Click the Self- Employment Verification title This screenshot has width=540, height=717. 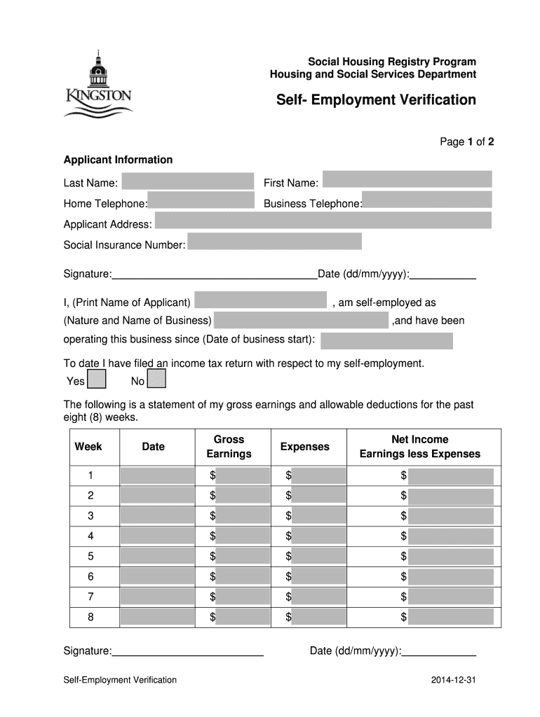coord(375,100)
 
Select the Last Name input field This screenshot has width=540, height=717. coord(187,181)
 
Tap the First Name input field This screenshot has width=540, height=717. coord(407,179)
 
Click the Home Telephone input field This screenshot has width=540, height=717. coord(201,201)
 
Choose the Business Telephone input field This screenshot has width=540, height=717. coord(426,200)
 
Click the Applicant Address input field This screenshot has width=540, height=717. coord(323,221)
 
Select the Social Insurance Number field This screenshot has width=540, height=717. coord(274,242)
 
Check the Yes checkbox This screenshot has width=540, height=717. coord(97,380)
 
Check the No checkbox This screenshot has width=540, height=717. coord(158,380)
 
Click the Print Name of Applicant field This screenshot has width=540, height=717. coord(260,300)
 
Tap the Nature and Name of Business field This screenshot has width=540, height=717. coord(301,321)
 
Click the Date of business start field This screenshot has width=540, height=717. coord(386,341)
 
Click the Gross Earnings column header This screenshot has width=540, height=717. coord(229,447)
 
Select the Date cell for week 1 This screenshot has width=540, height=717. coord(158,476)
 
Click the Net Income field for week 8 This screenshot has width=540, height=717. coord(452,617)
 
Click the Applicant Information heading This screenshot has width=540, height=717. coord(118,160)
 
